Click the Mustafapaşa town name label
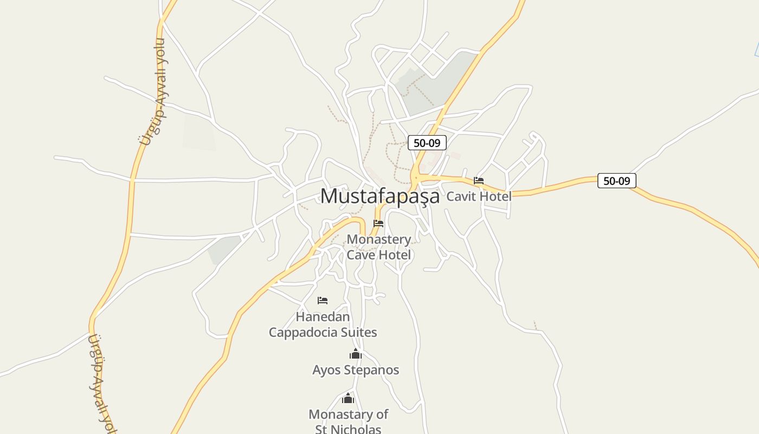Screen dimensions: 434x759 (379, 196)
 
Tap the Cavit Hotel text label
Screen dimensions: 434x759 (479, 196)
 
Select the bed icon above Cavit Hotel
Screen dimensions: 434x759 (479, 181)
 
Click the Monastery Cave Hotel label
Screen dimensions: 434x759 (378, 247)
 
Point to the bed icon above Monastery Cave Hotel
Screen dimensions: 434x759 (378, 224)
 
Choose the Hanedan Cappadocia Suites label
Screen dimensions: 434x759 (323, 324)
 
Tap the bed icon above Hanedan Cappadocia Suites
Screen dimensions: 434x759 (323, 301)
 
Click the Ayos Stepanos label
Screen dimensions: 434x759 (356, 370)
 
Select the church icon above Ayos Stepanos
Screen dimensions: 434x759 (356, 355)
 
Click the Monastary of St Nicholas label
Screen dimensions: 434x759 (348, 422)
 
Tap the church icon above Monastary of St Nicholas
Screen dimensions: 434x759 (348, 399)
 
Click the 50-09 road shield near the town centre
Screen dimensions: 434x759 (427, 143)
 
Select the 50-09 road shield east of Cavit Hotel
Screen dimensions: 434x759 (616, 181)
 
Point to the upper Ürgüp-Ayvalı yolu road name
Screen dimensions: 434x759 (155, 92)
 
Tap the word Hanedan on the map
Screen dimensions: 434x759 (323, 316)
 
